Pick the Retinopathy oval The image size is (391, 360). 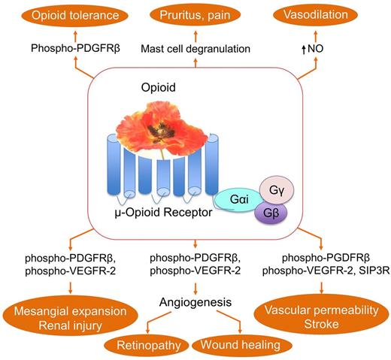point(144,344)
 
